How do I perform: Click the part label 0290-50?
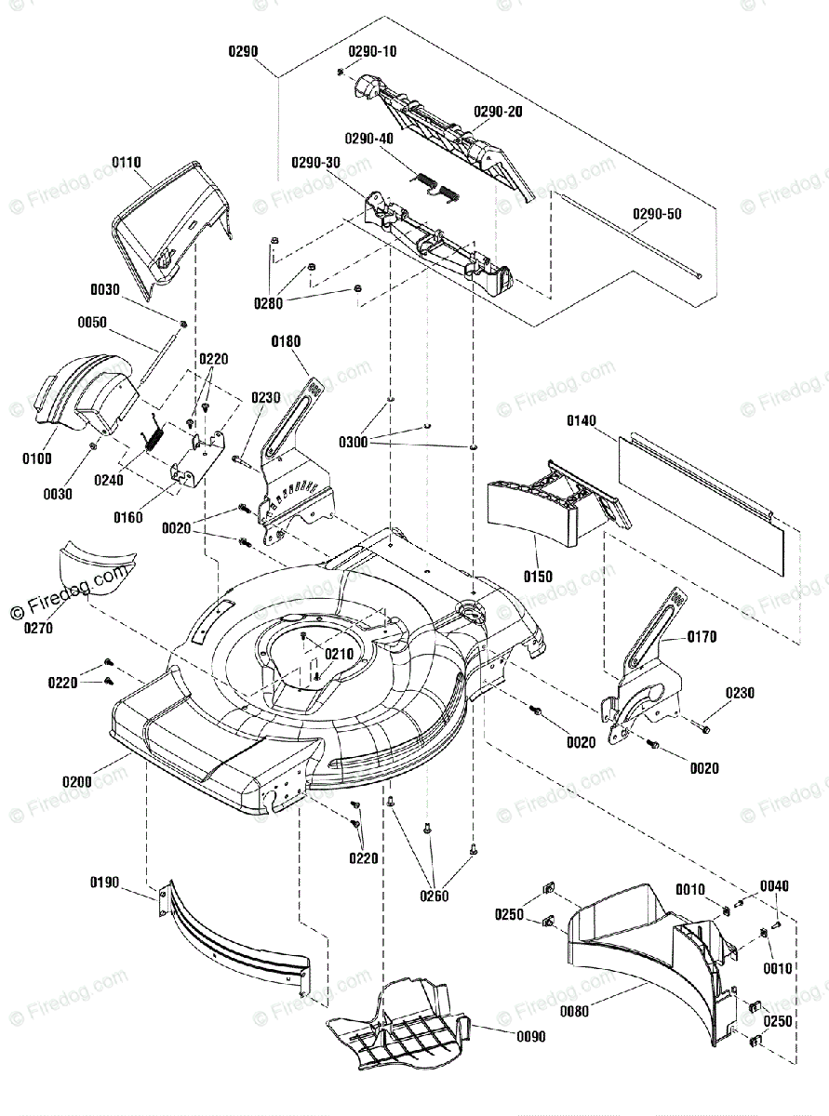click(657, 214)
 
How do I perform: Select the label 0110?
click(127, 163)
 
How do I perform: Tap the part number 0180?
click(286, 341)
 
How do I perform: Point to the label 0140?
click(582, 420)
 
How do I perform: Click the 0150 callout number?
click(538, 577)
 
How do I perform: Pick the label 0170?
click(702, 637)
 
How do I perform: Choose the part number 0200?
click(77, 782)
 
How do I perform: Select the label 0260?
click(434, 897)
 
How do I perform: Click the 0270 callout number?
click(38, 628)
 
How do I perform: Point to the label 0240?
click(109, 480)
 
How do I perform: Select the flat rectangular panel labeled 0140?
click(701, 506)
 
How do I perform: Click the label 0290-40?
click(369, 139)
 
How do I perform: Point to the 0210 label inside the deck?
click(340, 654)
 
